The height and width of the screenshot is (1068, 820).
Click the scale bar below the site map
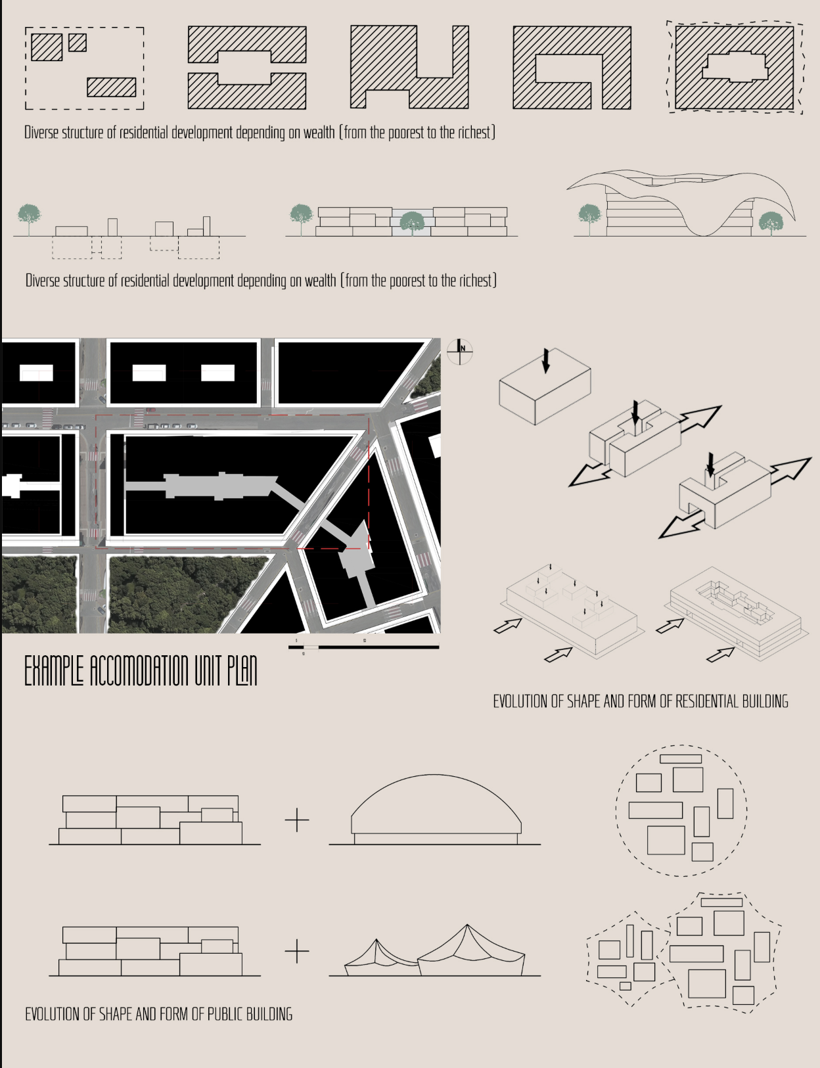pos(363,647)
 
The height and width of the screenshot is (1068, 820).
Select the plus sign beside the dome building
pos(297,820)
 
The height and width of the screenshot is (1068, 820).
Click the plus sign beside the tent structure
pos(297,951)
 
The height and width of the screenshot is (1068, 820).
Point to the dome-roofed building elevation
pos(436,808)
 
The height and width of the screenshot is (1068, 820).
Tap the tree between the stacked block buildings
pos(412,221)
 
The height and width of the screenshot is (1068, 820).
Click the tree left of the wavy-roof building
pos(589,216)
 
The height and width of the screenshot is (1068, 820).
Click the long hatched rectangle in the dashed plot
pos(111,87)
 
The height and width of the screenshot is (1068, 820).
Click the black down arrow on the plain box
pos(545,360)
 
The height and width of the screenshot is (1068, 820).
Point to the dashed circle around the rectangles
pos(681,746)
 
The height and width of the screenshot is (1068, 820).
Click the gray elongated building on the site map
pos(217,486)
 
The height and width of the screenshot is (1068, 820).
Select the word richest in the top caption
pos(467,133)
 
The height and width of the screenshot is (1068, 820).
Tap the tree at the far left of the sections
pos(28,216)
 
